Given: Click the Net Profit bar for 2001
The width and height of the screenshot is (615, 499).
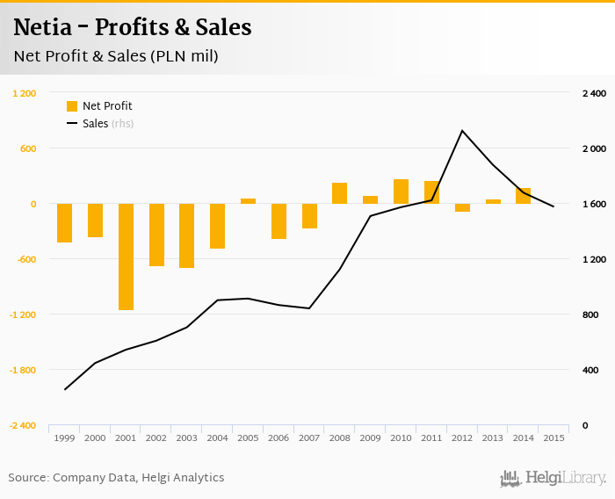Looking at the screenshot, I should [126, 257].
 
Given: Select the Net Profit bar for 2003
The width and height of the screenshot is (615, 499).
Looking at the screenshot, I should [186, 235].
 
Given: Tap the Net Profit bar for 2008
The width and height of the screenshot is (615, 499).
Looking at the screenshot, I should [339, 193].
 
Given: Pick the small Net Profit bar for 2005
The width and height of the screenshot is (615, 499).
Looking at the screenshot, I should [248, 201].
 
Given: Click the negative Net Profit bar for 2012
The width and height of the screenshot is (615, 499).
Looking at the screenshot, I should [462, 207].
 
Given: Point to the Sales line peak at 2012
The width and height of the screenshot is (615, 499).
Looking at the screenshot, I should [462, 131].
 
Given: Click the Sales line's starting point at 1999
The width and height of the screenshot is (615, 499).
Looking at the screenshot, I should [64, 389].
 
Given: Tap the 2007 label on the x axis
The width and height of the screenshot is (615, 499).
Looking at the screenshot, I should [308, 438].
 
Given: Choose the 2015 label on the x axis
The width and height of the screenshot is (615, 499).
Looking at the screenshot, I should [553, 438].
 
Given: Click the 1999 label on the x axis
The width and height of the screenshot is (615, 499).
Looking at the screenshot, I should [64, 438].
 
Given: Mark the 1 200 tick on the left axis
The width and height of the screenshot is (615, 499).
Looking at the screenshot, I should [24, 93].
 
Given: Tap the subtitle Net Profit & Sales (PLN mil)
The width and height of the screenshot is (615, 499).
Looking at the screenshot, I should [116, 56].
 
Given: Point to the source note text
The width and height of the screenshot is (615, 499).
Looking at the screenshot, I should [116, 478].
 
